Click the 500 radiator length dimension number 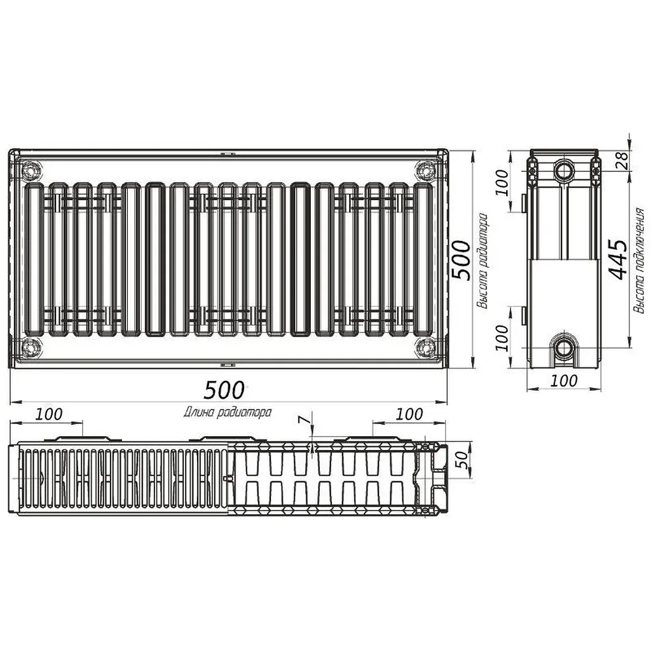click(x=224, y=390)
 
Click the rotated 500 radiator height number click(x=462, y=260)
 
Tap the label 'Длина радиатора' click(x=228, y=412)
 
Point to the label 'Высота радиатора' click(x=482, y=261)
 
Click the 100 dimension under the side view click(x=563, y=381)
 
